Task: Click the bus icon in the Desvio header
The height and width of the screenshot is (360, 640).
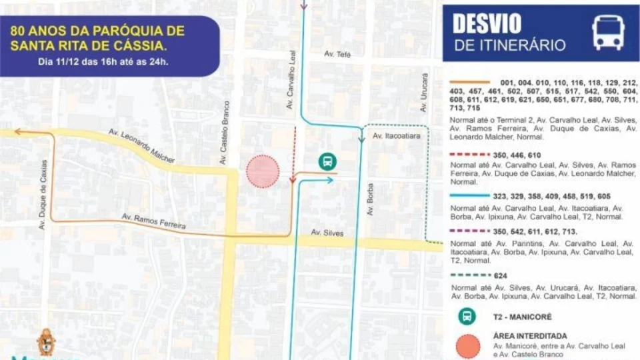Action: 608,33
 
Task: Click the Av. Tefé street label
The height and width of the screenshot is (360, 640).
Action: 338,54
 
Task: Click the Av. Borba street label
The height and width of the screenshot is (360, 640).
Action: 370,199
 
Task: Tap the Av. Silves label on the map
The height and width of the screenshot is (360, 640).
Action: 327,233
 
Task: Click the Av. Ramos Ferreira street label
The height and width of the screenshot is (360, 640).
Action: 153,222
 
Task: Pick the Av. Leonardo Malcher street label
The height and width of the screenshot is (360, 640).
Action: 142,146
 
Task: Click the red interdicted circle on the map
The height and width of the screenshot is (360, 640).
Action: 263,171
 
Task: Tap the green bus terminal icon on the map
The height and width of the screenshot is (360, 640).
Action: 327,161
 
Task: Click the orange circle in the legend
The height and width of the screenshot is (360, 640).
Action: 469,346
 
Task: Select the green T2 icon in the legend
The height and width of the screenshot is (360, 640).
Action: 468,317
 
